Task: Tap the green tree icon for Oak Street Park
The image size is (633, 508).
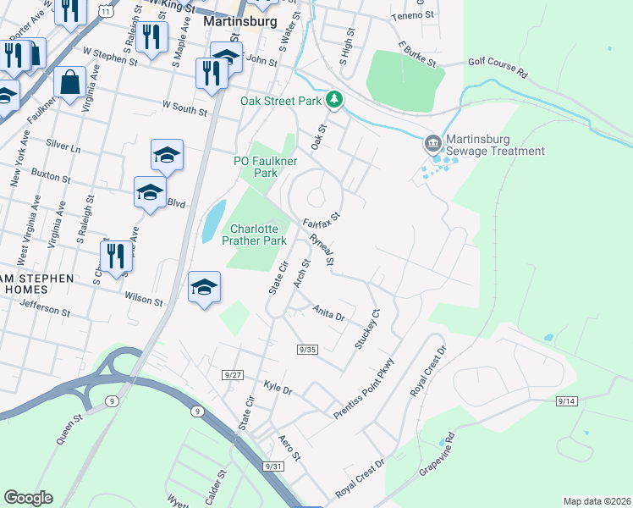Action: tap(335, 101)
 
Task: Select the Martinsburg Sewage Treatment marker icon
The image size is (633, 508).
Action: tap(433, 143)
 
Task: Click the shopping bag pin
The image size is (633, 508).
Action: tap(69, 83)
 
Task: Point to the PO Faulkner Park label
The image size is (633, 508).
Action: tap(267, 166)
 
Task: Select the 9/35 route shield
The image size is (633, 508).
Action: tap(307, 349)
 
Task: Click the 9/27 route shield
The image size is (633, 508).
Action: tap(234, 374)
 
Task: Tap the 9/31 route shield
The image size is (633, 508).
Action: tap(272, 466)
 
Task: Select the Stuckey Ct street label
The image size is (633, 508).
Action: tap(365, 329)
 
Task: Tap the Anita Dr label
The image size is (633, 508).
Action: tap(329, 315)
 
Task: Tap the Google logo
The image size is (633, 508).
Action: tap(28, 498)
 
